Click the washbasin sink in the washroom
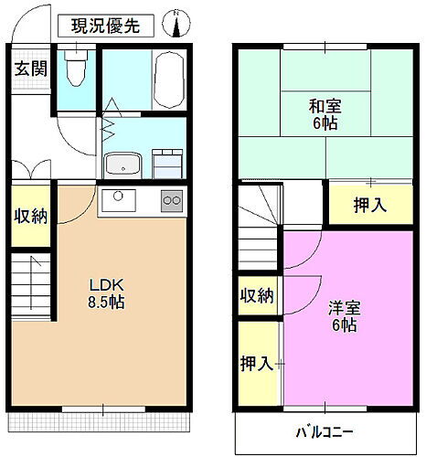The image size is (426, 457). pos(121,165)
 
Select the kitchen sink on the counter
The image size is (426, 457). pos(120,199)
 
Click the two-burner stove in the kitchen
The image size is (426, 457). pos(171,201)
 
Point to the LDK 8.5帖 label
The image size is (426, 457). pos(100,291)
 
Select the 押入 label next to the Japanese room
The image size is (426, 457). pos(369,206)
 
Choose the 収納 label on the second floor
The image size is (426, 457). pos(257,295)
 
